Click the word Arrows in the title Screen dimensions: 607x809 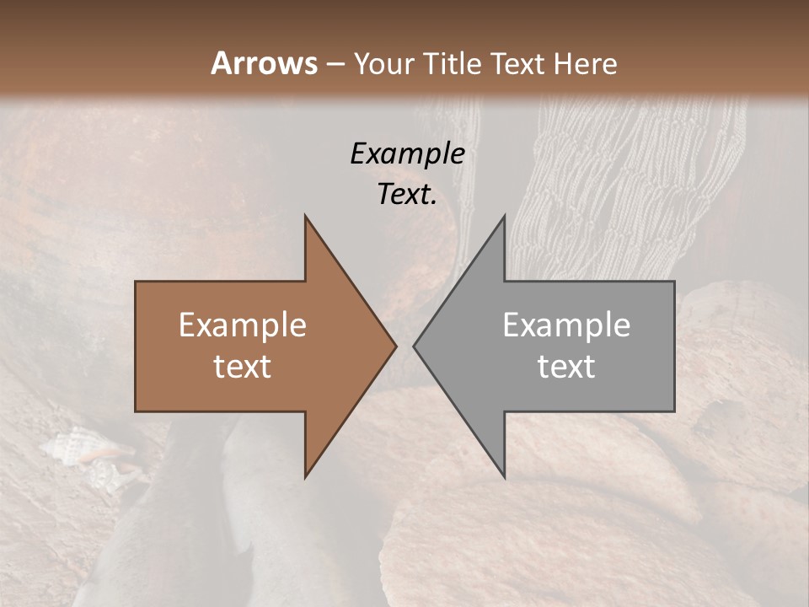tap(263, 63)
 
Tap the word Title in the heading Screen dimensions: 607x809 tap(452, 63)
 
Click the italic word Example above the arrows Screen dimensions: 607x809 tap(407, 153)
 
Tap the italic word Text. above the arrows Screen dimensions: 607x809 tap(407, 194)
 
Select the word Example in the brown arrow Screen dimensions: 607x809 tap(243, 325)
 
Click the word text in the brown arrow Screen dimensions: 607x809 tap(243, 367)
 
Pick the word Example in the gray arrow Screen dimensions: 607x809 tap(566, 325)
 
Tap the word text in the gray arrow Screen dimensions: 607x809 tap(566, 367)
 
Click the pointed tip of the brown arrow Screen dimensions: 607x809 tap(395, 346)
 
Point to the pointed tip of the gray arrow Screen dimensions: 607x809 tap(414, 346)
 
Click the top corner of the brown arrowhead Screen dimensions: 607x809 tap(305, 216)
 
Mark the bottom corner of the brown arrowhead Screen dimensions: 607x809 tap(305, 476)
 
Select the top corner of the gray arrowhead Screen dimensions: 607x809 tap(504, 216)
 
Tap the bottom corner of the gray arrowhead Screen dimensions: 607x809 tap(504, 476)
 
